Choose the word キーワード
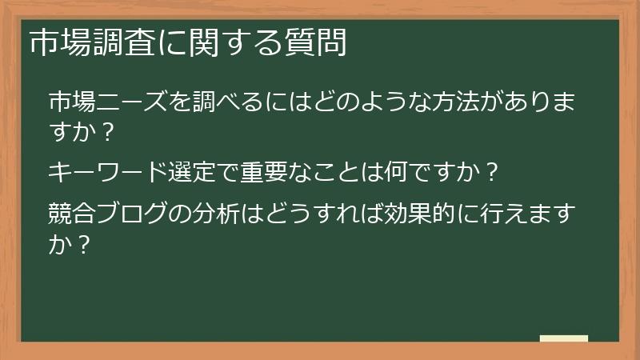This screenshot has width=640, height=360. (98, 171)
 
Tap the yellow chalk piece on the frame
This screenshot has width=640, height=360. (563, 338)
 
